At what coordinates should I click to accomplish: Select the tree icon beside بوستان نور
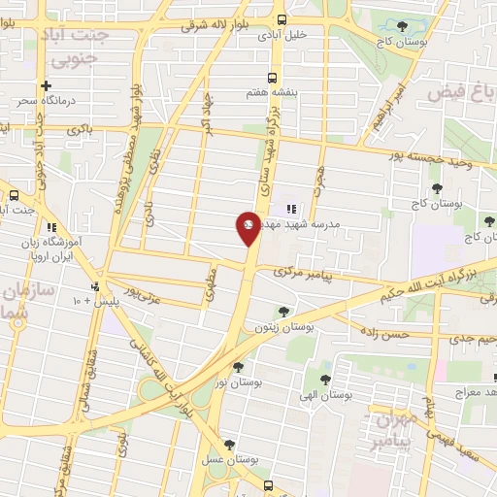point(238,367)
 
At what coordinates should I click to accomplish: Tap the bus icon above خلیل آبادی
point(282,19)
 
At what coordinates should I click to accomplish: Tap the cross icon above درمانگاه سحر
point(46,85)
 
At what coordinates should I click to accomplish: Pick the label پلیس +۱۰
point(93,301)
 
